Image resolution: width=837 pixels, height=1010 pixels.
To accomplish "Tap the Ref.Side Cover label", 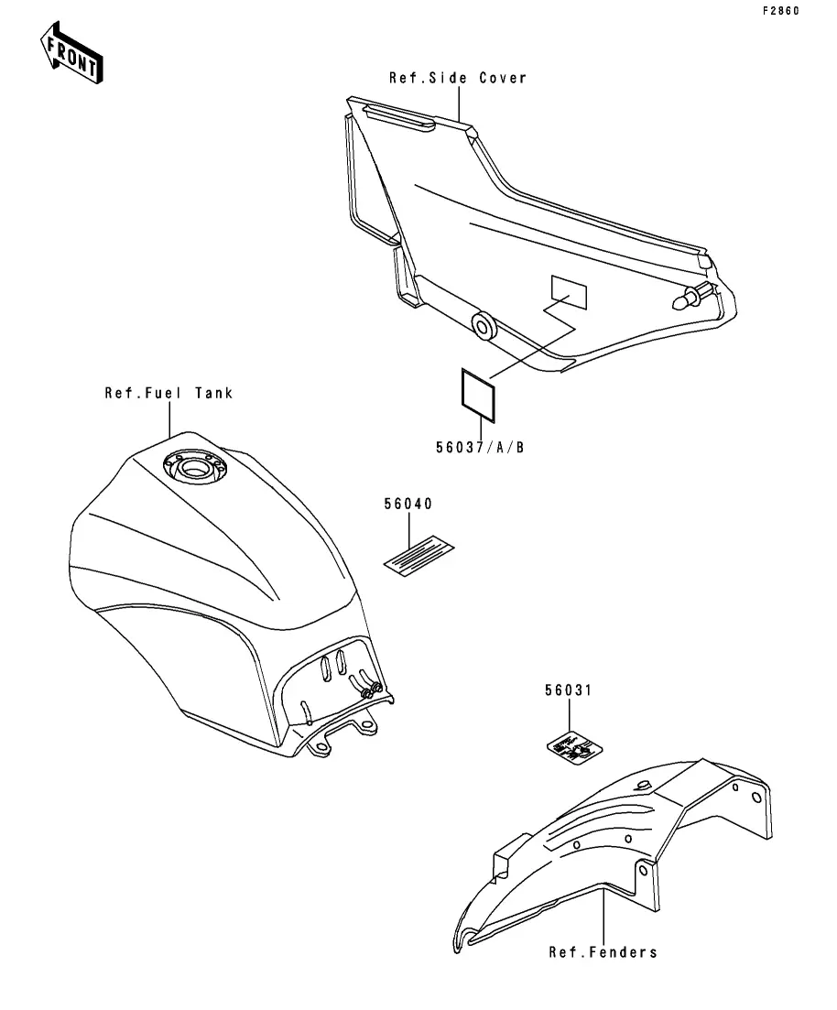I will [458, 78].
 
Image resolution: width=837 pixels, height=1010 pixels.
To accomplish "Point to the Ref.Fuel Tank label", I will [168, 393].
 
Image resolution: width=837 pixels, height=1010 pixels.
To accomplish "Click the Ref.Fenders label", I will [603, 952].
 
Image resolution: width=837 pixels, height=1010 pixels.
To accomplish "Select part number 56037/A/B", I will [479, 447].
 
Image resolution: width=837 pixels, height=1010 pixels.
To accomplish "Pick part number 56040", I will [408, 505].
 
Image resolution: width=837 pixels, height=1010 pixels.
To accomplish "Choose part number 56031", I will [568, 691].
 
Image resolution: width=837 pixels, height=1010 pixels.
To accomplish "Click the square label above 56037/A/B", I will [477, 396].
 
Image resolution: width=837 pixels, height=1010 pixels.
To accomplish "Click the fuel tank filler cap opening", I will [195, 470].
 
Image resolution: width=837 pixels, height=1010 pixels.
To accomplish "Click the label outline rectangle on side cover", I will [569, 290].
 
